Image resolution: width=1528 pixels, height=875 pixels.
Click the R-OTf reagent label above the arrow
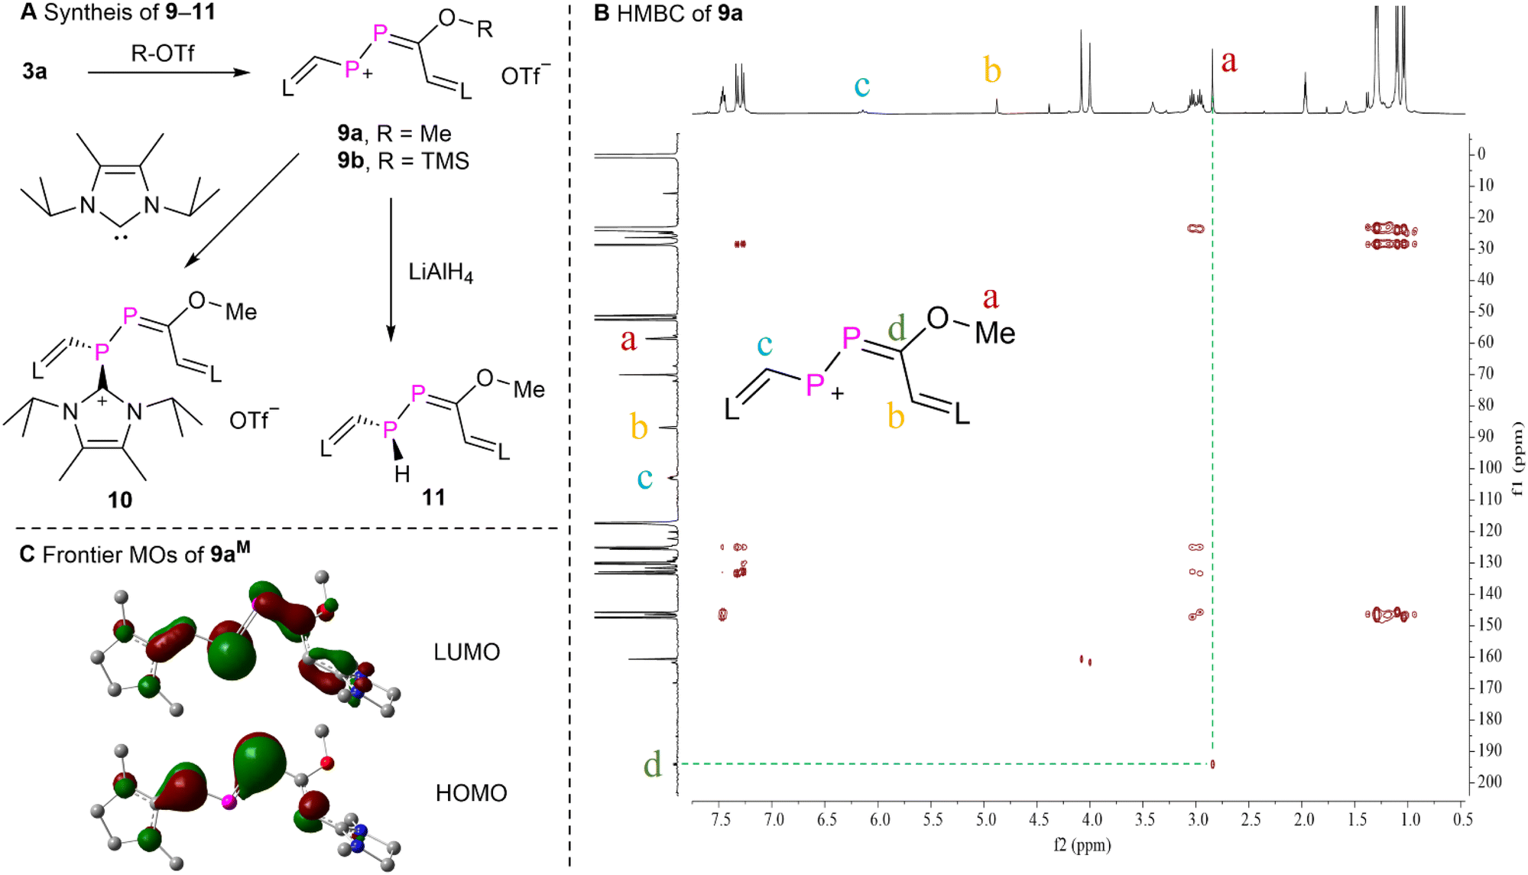(162, 54)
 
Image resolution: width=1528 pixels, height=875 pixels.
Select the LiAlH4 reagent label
(440, 272)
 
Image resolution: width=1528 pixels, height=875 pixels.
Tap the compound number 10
(120, 499)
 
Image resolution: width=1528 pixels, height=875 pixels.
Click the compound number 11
(433, 497)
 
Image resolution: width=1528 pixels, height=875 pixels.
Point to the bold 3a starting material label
(34, 71)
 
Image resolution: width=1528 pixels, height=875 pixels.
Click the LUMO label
(466, 652)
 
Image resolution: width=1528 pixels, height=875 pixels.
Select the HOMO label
(471, 793)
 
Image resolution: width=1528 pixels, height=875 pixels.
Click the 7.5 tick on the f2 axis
(721, 820)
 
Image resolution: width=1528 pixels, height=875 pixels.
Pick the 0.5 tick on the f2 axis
(1462, 820)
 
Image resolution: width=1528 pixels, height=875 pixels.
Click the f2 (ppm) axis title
(1082, 845)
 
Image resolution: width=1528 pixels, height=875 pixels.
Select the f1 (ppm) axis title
(1517, 458)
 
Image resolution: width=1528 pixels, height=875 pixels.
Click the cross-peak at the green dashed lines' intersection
(1212, 763)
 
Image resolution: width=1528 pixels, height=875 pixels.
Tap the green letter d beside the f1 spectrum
(652, 764)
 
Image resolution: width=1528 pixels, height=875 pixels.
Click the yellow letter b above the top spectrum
(992, 70)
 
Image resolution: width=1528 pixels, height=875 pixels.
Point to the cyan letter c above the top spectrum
(861, 85)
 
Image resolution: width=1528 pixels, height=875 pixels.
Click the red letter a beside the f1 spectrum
(628, 340)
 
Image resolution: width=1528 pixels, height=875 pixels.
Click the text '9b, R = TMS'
(403, 161)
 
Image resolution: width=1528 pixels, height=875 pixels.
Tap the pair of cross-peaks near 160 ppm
(1085, 660)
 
